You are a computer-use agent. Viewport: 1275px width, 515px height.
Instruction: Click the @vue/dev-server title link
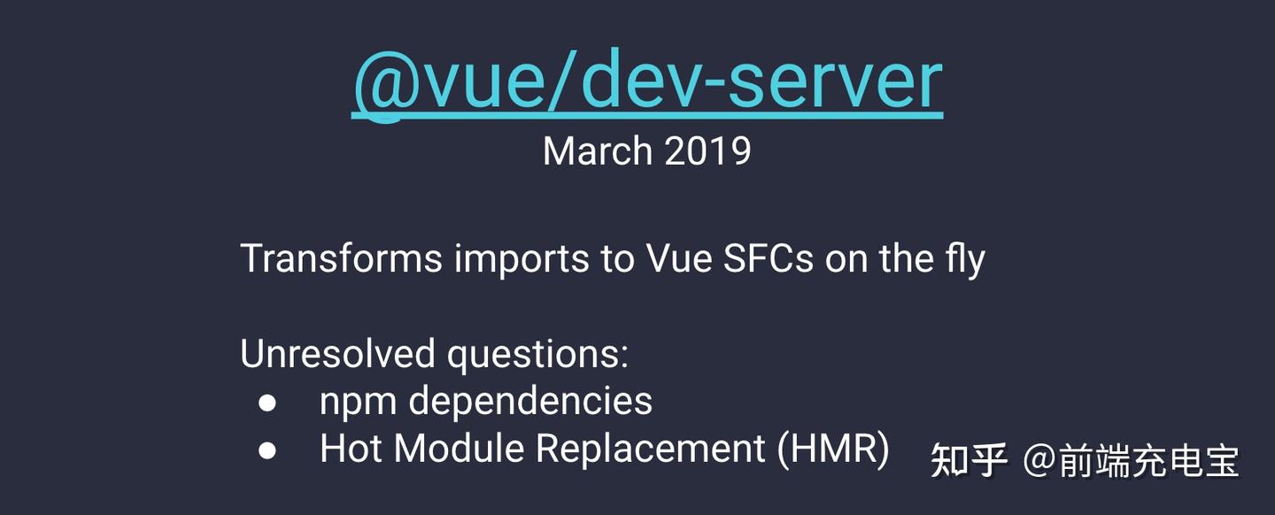click(x=647, y=81)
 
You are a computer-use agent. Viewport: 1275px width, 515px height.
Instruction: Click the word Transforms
click(x=341, y=258)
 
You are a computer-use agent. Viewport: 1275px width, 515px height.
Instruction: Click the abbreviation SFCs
click(x=769, y=258)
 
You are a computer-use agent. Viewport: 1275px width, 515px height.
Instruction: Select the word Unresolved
click(x=337, y=354)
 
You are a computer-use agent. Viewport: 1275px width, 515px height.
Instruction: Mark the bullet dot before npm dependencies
click(x=267, y=403)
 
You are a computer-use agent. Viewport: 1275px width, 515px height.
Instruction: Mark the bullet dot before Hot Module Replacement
click(x=267, y=450)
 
